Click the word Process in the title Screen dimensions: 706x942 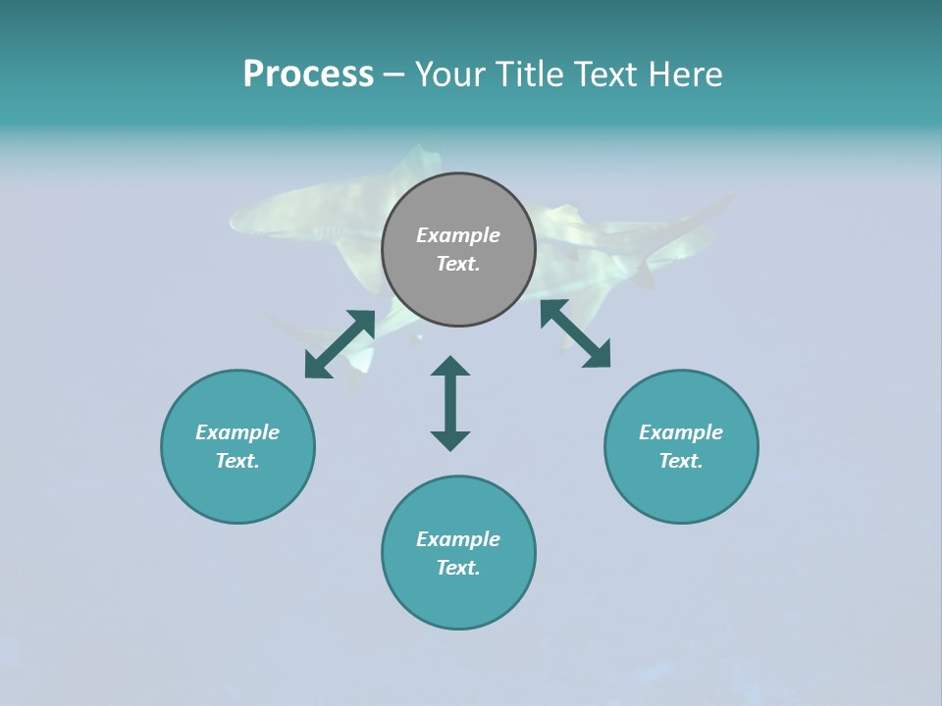pos(308,75)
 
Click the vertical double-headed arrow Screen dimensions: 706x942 pos(450,404)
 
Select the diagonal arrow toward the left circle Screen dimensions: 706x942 pos(340,344)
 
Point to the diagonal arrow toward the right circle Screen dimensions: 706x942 pos(576,334)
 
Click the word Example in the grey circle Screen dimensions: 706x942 pos(458,235)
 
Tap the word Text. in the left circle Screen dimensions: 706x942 pos(237,461)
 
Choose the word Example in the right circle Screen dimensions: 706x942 pos(681,432)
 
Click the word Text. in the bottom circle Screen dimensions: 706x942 pos(458,568)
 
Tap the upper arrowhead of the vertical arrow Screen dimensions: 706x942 pos(450,367)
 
